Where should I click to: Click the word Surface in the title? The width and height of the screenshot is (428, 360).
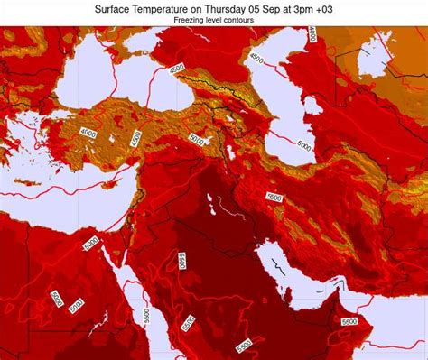coord(115,7)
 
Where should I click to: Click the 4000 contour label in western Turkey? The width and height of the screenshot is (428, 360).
coord(88,134)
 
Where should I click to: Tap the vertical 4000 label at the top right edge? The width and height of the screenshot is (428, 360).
coord(312,33)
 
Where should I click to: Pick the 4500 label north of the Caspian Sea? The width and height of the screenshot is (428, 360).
coord(257,59)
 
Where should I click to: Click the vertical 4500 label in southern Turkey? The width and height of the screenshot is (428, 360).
coord(135,139)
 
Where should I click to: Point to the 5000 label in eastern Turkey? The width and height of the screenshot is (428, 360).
coord(197,139)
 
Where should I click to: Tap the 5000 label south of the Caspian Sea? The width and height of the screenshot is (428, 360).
coord(304,144)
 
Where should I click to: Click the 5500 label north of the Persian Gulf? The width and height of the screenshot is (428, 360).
coord(274,197)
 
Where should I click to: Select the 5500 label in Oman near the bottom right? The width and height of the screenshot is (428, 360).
coord(349,321)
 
